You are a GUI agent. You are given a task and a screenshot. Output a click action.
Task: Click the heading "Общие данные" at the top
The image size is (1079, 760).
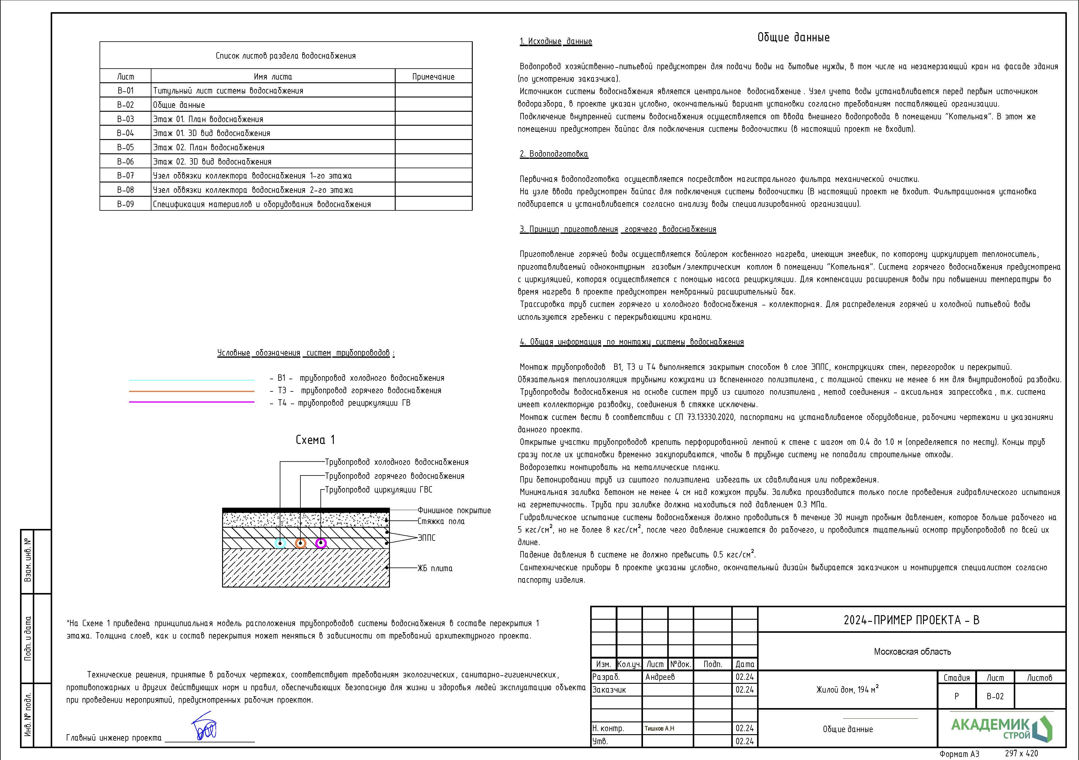793,38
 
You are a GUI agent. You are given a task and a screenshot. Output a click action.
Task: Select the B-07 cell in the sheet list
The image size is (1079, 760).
126,176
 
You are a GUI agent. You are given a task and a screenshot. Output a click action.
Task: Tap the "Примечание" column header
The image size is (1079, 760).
433,77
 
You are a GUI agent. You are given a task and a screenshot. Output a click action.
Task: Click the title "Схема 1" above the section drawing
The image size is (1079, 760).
315,440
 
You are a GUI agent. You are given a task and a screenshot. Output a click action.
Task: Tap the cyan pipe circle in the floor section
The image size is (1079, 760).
280,543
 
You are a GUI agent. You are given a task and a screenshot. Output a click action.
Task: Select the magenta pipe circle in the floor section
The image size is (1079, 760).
321,543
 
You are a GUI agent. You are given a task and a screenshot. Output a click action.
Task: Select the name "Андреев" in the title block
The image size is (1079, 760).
660,677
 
